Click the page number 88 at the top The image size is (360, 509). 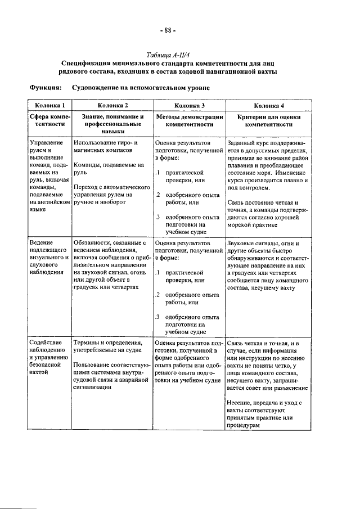(x=168, y=30)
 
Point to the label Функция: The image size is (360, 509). (x=45, y=88)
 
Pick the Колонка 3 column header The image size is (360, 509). (x=188, y=105)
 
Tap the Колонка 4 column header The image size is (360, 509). (x=268, y=105)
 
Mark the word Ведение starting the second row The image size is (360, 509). (x=42, y=243)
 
